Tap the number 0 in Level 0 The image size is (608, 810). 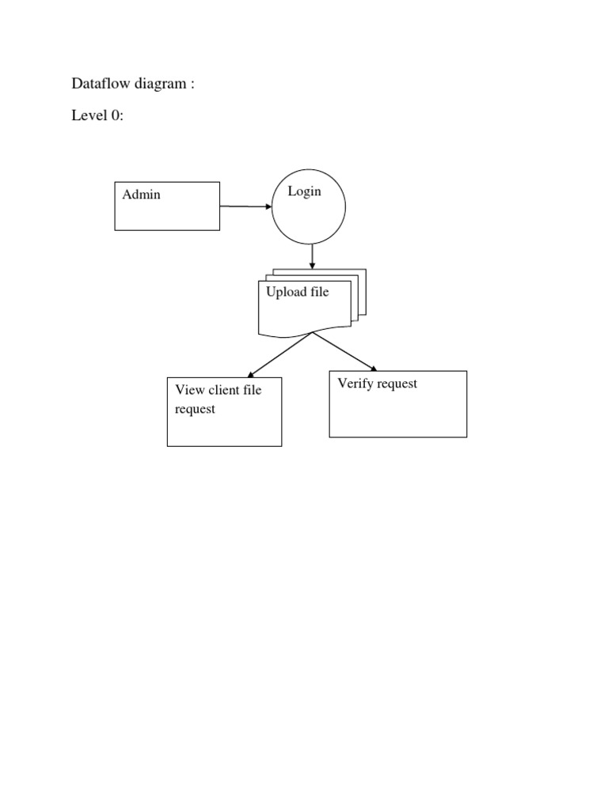[116, 116]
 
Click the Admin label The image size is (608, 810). [141, 195]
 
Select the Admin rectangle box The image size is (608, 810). [167, 214]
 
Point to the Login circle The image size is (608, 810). [309, 218]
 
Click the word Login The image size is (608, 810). [305, 191]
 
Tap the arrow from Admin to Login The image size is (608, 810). [245, 206]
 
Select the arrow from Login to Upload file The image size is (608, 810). [313, 255]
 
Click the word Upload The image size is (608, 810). [285, 292]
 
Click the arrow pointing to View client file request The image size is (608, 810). [281, 354]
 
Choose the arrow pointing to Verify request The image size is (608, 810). [344, 351]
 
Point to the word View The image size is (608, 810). [190, 390]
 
